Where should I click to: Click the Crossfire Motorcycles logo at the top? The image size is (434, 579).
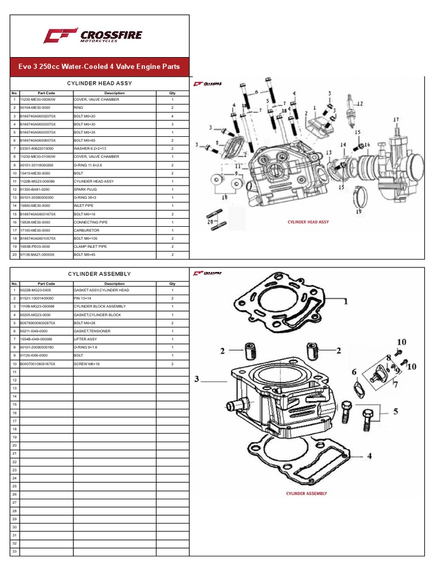click(93, 36)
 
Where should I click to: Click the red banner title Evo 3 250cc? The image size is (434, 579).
click(99, 67)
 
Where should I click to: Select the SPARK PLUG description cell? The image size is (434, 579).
click(87, 189)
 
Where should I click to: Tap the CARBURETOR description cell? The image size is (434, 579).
click(87, 230)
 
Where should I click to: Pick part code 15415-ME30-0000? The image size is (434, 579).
click(38, 172)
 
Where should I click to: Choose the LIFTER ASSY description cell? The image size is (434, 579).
click(86, 339)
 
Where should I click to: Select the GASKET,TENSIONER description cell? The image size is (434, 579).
click(92, 331)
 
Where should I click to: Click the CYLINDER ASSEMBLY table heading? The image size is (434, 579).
click(99, 274)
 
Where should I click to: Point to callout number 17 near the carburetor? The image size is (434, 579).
click(396, 120)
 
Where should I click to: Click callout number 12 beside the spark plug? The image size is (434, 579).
click(359, 103)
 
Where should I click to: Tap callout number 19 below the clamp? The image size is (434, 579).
click(358, 212)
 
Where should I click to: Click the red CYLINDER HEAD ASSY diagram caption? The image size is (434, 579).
click(308, 222)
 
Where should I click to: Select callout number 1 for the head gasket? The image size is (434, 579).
click(344, 301)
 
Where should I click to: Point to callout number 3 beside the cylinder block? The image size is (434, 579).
click(197, 380)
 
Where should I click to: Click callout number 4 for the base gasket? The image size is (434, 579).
click(369, 456)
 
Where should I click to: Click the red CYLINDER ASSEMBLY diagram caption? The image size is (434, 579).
click(306, 493)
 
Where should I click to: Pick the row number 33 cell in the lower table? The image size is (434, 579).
click(15, 551)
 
